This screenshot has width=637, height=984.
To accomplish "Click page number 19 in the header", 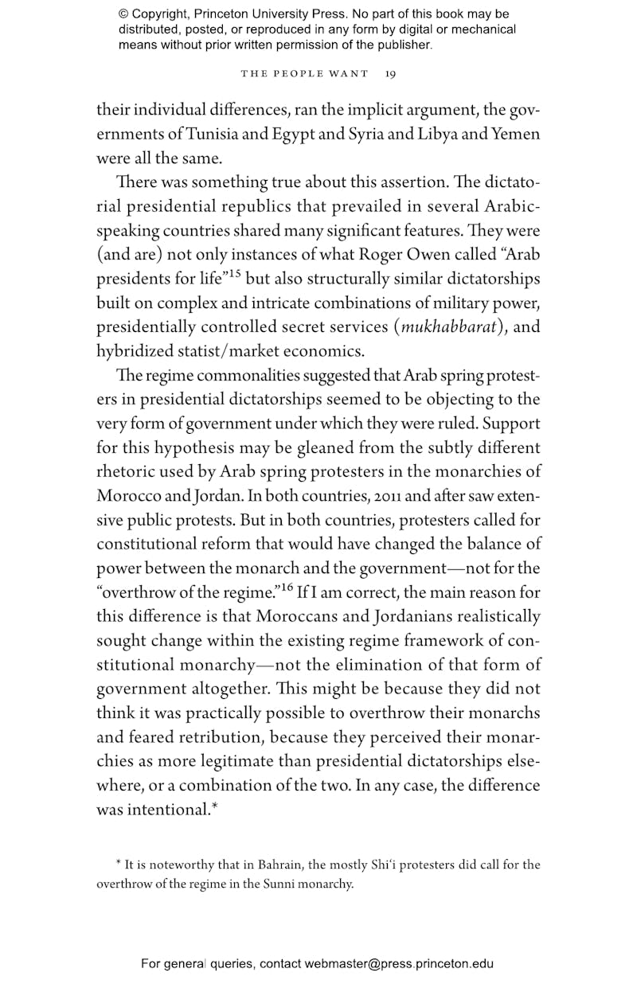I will point(390,74).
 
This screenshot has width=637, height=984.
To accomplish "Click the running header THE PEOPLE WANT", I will point(304,74).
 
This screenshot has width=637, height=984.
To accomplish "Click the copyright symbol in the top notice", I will point(124,14).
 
